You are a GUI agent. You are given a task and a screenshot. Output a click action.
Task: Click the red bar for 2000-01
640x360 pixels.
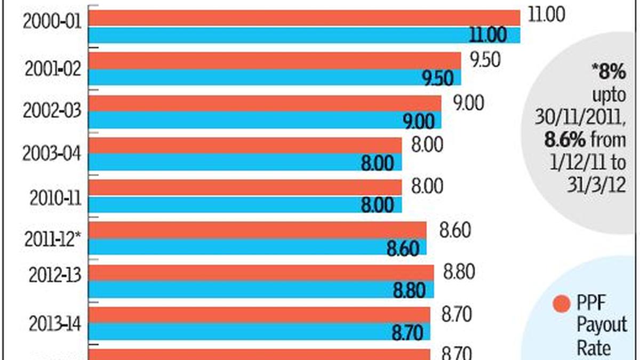pyautogui.click(x=304, y=18)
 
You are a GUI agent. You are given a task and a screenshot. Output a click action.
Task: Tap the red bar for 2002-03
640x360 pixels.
pyautogui.click(x=265, y=103)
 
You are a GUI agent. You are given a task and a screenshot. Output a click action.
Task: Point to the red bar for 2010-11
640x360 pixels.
pyautogui.click(x=245, y=187)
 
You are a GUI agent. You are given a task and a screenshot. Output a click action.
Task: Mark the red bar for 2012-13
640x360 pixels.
pyautogui.click(x=261, y=273)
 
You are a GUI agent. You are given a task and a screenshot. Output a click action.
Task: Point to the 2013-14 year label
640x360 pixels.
pyautogui.click(x=52, y=323)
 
